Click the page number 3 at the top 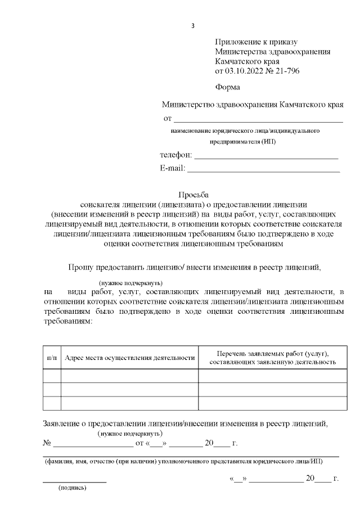pos(193,26)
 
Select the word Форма pos(227,87)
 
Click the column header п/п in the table pos(52,358)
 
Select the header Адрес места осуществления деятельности pos(130,358)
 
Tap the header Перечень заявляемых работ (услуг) pos(272,354)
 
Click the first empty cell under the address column pos(130,376)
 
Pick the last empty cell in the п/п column pos(52,403)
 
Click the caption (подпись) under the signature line pos(73,487)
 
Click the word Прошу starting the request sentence pos(80,267)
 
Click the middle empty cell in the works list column pos(272,390)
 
